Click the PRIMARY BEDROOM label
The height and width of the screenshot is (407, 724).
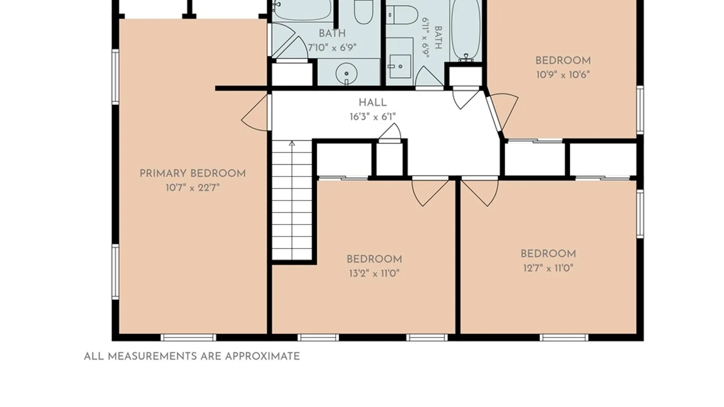[x=193, y=174]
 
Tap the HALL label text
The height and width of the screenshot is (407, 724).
[x=373, y=103]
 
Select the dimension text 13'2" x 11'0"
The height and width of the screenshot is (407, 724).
[x=374, y=273]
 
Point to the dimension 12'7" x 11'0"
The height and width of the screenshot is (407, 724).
[x=548, y=268]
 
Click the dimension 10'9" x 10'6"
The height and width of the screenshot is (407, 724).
[x=563, y=75]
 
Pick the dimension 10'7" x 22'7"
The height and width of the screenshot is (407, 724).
[x=193, y=187]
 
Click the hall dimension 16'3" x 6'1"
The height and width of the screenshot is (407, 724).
[x=373, y=117]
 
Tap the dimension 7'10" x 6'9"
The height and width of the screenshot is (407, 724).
[x=332, y=47]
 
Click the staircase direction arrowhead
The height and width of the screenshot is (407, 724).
[x=292, y=143]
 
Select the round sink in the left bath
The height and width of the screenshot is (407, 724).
[x=346, y=73]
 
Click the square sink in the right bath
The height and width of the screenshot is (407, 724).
[x=400, y=66]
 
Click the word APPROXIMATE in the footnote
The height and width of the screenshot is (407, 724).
[x=262, y=357]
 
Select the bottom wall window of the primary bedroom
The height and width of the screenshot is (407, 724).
[x=189, y=337]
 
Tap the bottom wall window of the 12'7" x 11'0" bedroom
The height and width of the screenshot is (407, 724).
[x=564, y=337]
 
